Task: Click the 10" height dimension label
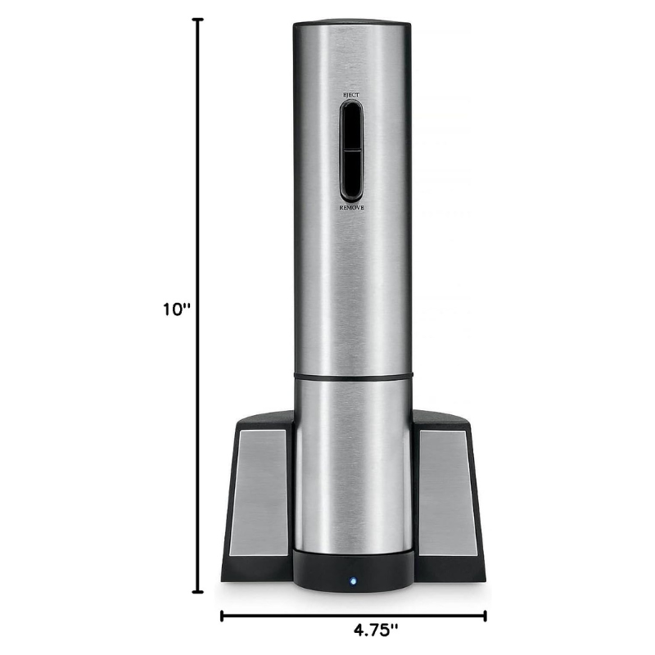177,309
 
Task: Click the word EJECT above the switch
351,96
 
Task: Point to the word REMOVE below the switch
351,209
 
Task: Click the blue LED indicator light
353,583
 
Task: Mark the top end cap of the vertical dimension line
197,20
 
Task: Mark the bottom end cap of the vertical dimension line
197,591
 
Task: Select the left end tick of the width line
221,615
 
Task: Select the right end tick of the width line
486,615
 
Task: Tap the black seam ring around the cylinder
352,376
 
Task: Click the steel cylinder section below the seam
352,467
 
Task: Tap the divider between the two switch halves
351,151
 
